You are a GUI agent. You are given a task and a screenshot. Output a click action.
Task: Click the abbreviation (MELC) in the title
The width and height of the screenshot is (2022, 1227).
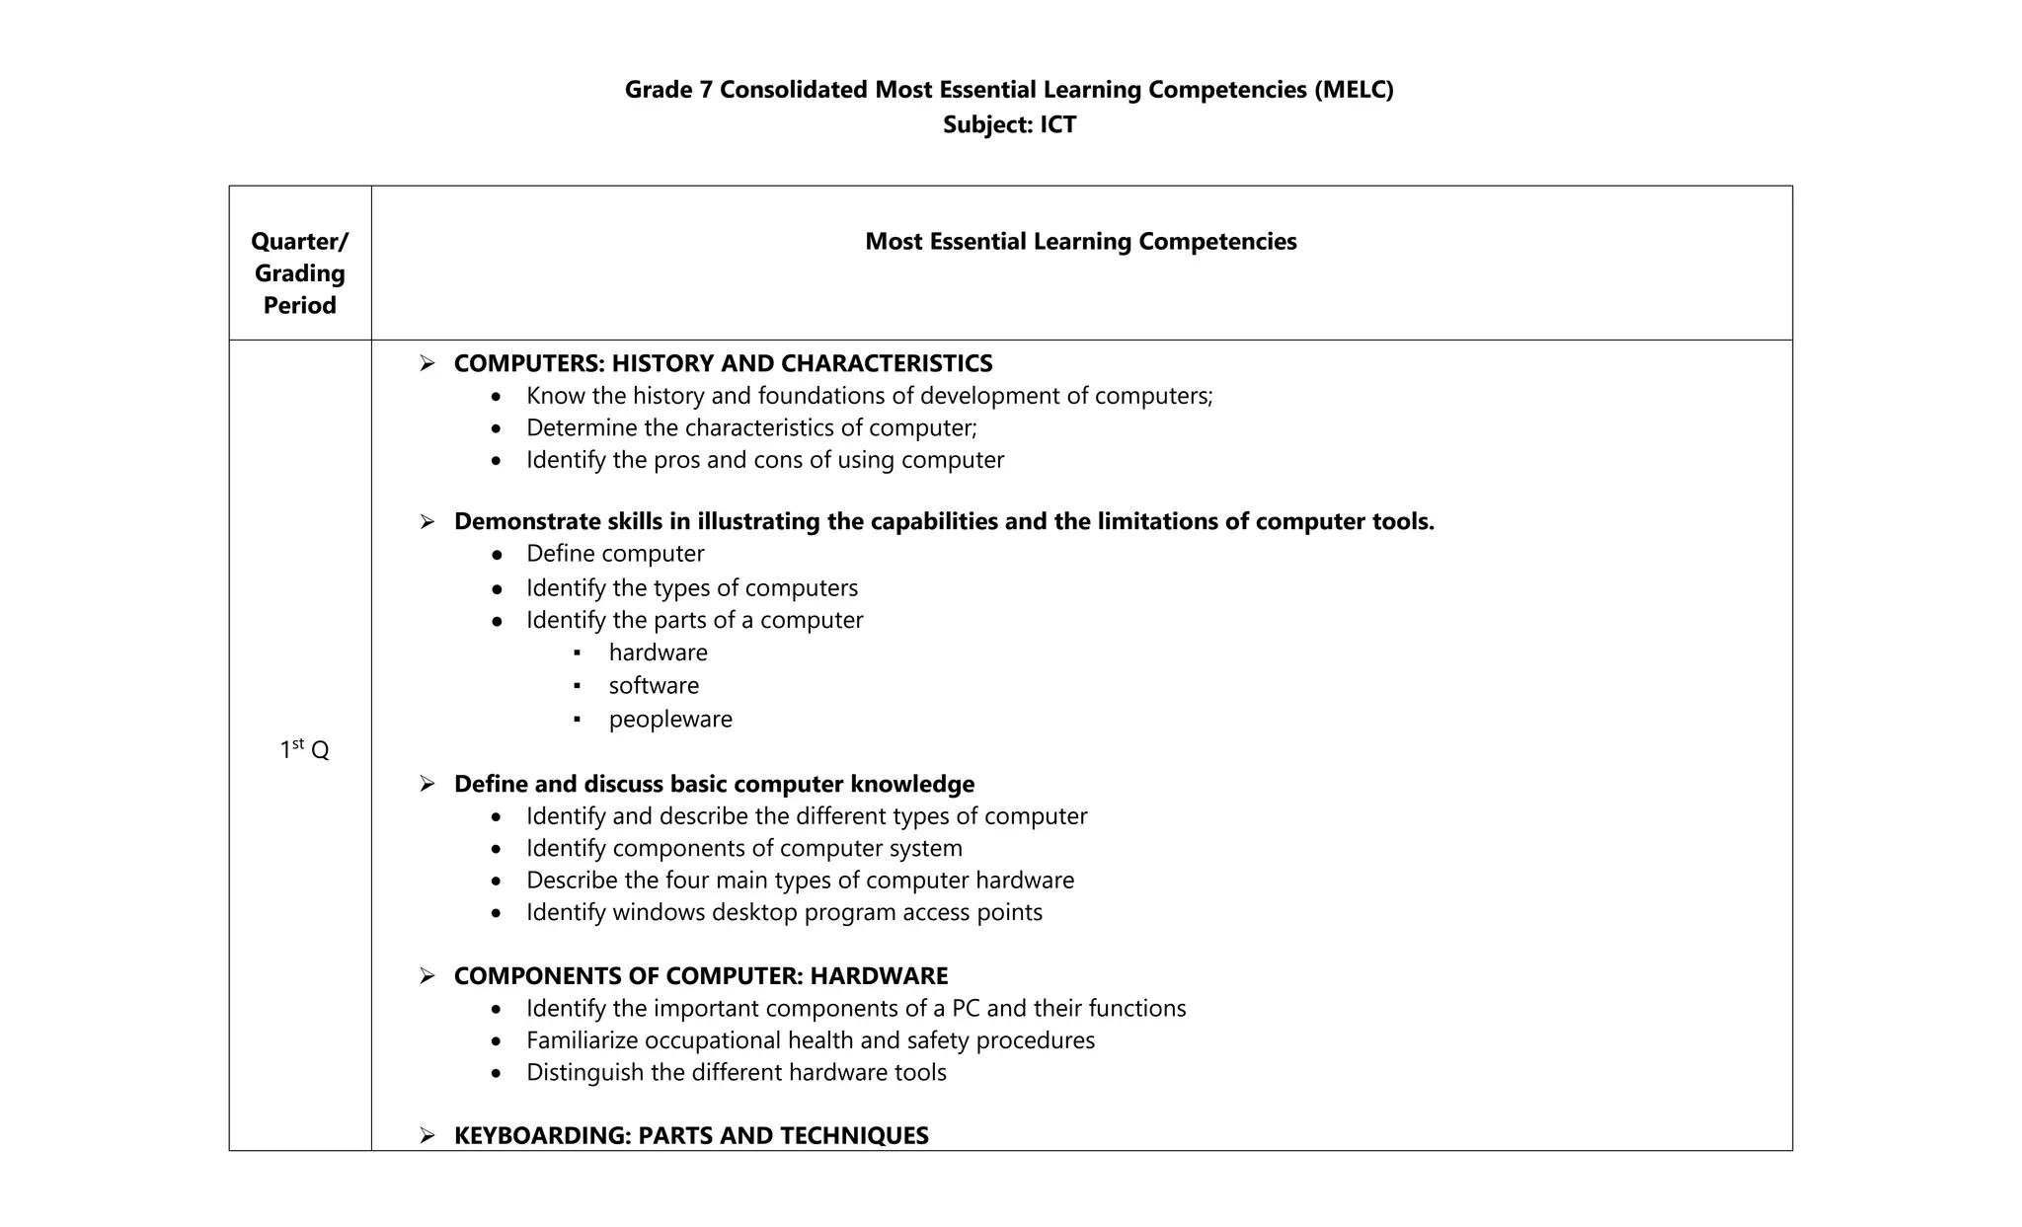pos(1353,90)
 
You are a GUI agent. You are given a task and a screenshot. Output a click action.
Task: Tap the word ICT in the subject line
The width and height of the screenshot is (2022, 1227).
pos(1057,124)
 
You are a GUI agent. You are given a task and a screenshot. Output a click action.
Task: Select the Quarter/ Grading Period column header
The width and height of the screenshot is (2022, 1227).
pos(299,272)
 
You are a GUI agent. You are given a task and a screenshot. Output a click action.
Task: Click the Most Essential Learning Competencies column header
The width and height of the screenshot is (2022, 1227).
pos(1080,242)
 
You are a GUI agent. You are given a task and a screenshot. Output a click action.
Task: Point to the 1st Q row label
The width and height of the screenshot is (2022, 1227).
pos(304,749)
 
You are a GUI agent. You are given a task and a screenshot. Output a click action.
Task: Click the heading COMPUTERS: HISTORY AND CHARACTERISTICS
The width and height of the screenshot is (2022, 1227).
pos(723,363)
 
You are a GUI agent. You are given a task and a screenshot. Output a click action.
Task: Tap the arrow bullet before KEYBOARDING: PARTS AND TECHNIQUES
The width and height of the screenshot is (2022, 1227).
pos(427,1135)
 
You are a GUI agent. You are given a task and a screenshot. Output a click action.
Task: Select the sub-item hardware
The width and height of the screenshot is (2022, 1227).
pos(658,652)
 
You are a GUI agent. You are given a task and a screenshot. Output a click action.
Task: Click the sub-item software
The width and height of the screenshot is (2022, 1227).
pos(654,685)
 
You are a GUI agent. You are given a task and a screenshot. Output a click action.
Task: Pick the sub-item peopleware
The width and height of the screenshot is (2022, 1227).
pos(670,719)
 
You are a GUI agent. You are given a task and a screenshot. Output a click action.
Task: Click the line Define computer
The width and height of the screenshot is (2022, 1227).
pos(615,554)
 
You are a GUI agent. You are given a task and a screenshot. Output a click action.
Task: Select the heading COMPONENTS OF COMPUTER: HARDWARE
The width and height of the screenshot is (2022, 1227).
pos(700,975)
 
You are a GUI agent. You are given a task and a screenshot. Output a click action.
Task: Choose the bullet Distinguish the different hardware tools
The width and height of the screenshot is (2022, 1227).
pos(736,1072)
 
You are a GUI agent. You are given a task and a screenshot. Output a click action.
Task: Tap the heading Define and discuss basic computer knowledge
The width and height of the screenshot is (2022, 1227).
pos(714,784)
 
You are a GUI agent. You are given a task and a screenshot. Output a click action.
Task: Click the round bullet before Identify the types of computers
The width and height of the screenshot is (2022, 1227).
pos(497,589)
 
